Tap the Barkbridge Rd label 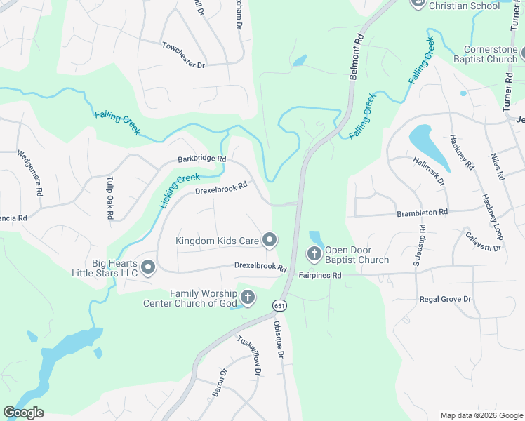pyautogui.click(x=201, y=159)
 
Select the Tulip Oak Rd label pyautogui.click(x=109, y=199)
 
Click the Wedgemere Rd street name pyautogui.click(x=29, y=174)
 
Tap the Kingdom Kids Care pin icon pyautogui.click(x=270, y=241)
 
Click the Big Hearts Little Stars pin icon pyautogui.click(x=147, y=267)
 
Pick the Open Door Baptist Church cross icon pyautogui.click(x=314, y=253)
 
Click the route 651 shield pyautogui.click(x=280, y=305)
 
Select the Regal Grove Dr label pyautogui.click(x=445, y=299)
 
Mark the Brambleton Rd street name pyautogui.click(x=422, y=212)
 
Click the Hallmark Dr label pyautogui.click(x=430, y=171)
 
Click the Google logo pyautogui.click(x=23, y=413)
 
